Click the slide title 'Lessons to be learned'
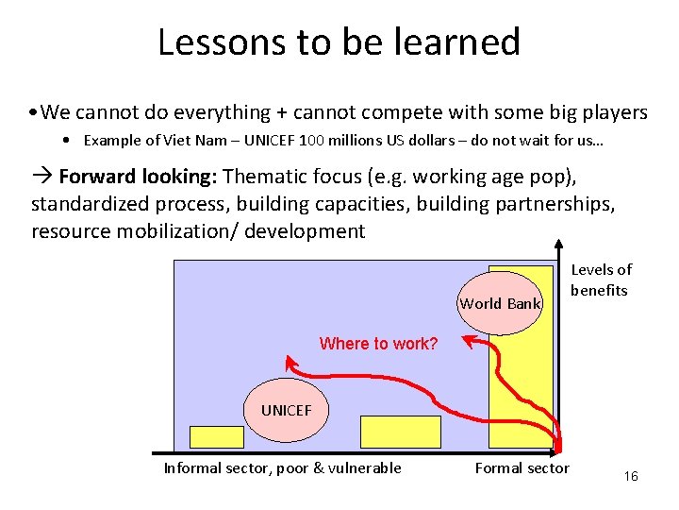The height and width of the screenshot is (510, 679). click(x=339, y=42)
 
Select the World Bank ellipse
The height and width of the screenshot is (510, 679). click(x=500, y=303)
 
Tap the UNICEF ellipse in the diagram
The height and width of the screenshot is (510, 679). click(x=285, y=410)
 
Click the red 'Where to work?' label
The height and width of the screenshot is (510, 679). click(x=378, y=344)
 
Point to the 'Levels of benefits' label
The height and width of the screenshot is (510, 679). click(x=601, y=280)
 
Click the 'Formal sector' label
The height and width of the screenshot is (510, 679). click(x=522, y=468)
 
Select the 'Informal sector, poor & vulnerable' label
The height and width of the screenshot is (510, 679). click(x=282, y=468)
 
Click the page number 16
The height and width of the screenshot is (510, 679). click(x=631, y=476)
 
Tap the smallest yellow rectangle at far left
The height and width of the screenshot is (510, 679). click(x=216, y=436)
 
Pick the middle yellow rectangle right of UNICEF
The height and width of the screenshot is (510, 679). click(x=401, y=432)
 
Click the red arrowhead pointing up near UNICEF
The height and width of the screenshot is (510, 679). click(x=291, y=363)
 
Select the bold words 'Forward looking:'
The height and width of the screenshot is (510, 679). click(x=139, y=178)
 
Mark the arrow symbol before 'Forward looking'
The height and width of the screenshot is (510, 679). click(x=42, y=178)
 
